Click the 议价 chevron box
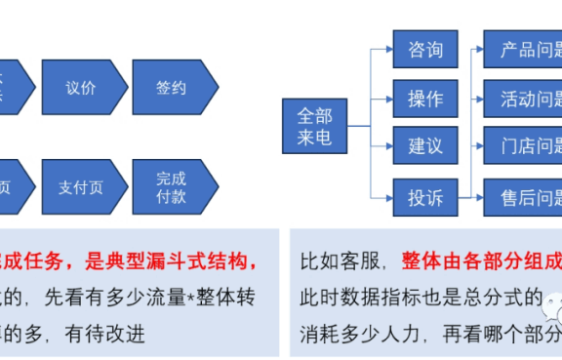coord(81,88)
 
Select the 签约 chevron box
coord(172,88)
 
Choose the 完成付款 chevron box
coord(172,186)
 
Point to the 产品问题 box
coord(525,49)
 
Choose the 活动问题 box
coord(525,98)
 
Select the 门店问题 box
coord(525,146)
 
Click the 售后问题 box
coord(525,198)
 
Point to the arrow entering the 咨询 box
coord(382,49)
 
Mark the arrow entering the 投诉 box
coord(382,198)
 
